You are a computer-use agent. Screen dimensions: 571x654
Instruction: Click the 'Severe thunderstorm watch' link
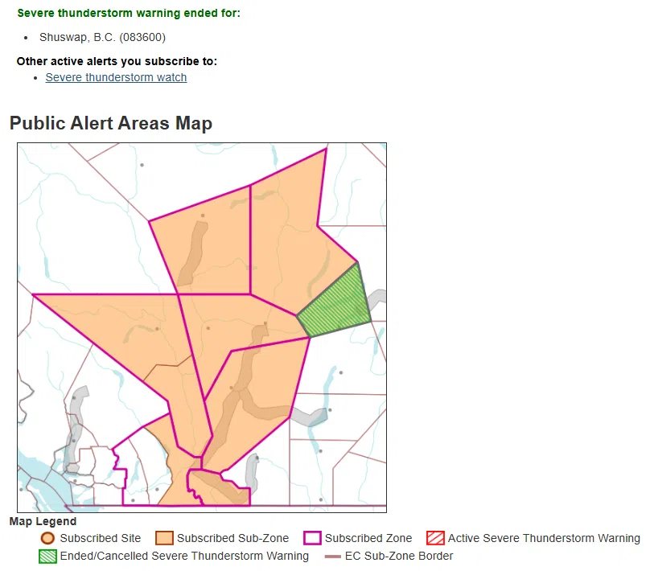pyautogui.click(x=116, y=77)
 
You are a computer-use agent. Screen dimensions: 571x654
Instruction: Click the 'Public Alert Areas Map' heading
pyautogui.click(x=111, y=123)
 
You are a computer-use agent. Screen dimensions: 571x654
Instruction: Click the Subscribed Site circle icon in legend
pyautogui.click(x=47, y=538)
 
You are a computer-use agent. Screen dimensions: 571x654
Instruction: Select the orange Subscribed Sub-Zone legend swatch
pyautogui.click(x=164, y=538)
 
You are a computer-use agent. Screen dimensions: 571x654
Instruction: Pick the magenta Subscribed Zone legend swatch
pyautogui.click(x=312, y=538)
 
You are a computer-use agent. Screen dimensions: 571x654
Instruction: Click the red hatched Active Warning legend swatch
pyautogui.click(x=435, y=538)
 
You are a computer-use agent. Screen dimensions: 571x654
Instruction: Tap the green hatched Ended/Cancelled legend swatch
pyautogui.click(x=47, y=556)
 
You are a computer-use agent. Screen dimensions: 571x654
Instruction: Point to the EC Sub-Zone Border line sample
pyautogui.click(x=332, y=556)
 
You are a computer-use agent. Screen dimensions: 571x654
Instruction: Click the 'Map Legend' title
pyautogui.click(x=43, y=521)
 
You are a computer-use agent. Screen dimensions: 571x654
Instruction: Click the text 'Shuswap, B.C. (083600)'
pyautogui.click(x=103, y=37)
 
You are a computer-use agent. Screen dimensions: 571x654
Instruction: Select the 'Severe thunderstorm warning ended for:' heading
pyautogui.click(x=129, y=14)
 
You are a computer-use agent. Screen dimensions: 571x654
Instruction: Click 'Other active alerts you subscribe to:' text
pyautogui.click(x=117, y=61)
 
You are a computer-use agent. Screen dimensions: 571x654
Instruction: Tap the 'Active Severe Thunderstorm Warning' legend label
pyautogui.click(x=544, y=538)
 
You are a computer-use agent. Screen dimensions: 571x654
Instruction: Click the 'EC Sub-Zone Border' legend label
pyautogui.click(x=399, y=556)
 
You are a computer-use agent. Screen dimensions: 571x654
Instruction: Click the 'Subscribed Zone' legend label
pyautogui.click(x=368, y=538)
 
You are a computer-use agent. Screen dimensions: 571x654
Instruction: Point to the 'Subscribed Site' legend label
pyautogui.click(x=100, y=538)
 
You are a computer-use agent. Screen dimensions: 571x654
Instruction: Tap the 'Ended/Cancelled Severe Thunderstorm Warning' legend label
pyautogui.click(x=184, y=556)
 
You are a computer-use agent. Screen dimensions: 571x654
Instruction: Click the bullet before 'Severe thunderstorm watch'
pyautogui.click(x=36, y=77)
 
